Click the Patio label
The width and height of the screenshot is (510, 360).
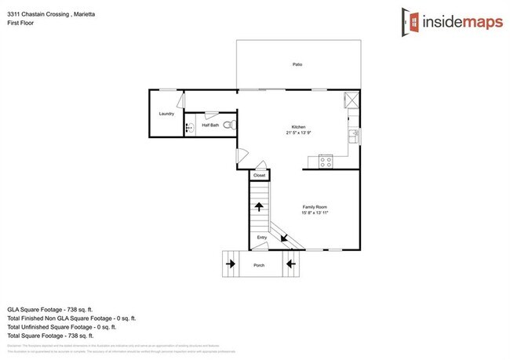(x=297, y=64)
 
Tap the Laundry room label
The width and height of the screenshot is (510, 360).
(x=166, y=114)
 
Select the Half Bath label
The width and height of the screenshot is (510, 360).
(x=210, y=125)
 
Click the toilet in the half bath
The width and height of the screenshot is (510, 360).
(x=227, y=125)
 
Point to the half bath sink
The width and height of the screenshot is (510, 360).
(x=188, y=125)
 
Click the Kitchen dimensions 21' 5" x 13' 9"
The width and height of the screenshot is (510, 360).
(x=298, y=133)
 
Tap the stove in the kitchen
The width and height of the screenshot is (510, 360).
(x=326, y=162)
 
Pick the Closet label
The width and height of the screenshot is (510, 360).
(x=259, y=175)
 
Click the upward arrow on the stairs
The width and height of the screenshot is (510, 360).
(x=259, y=207)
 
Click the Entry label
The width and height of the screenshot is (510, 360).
(x=261, y=238)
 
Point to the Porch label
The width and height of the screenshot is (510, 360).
(x=259, y=266)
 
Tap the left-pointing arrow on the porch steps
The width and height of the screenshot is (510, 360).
(x=290, y=264)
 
